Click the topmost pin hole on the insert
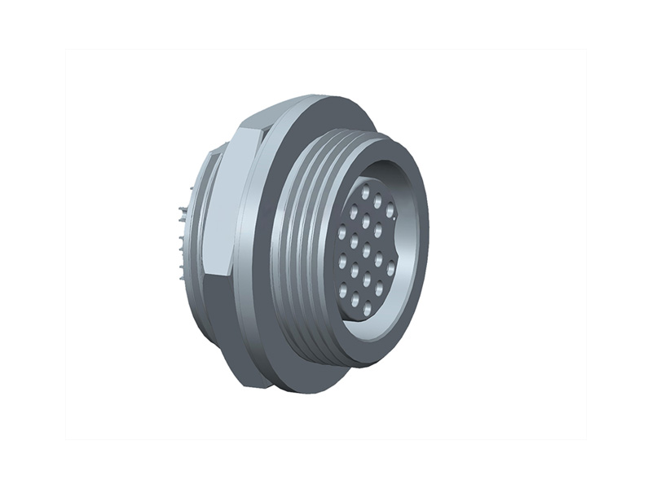366,192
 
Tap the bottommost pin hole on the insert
368,308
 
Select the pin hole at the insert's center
367,250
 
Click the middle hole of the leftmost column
342,261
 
